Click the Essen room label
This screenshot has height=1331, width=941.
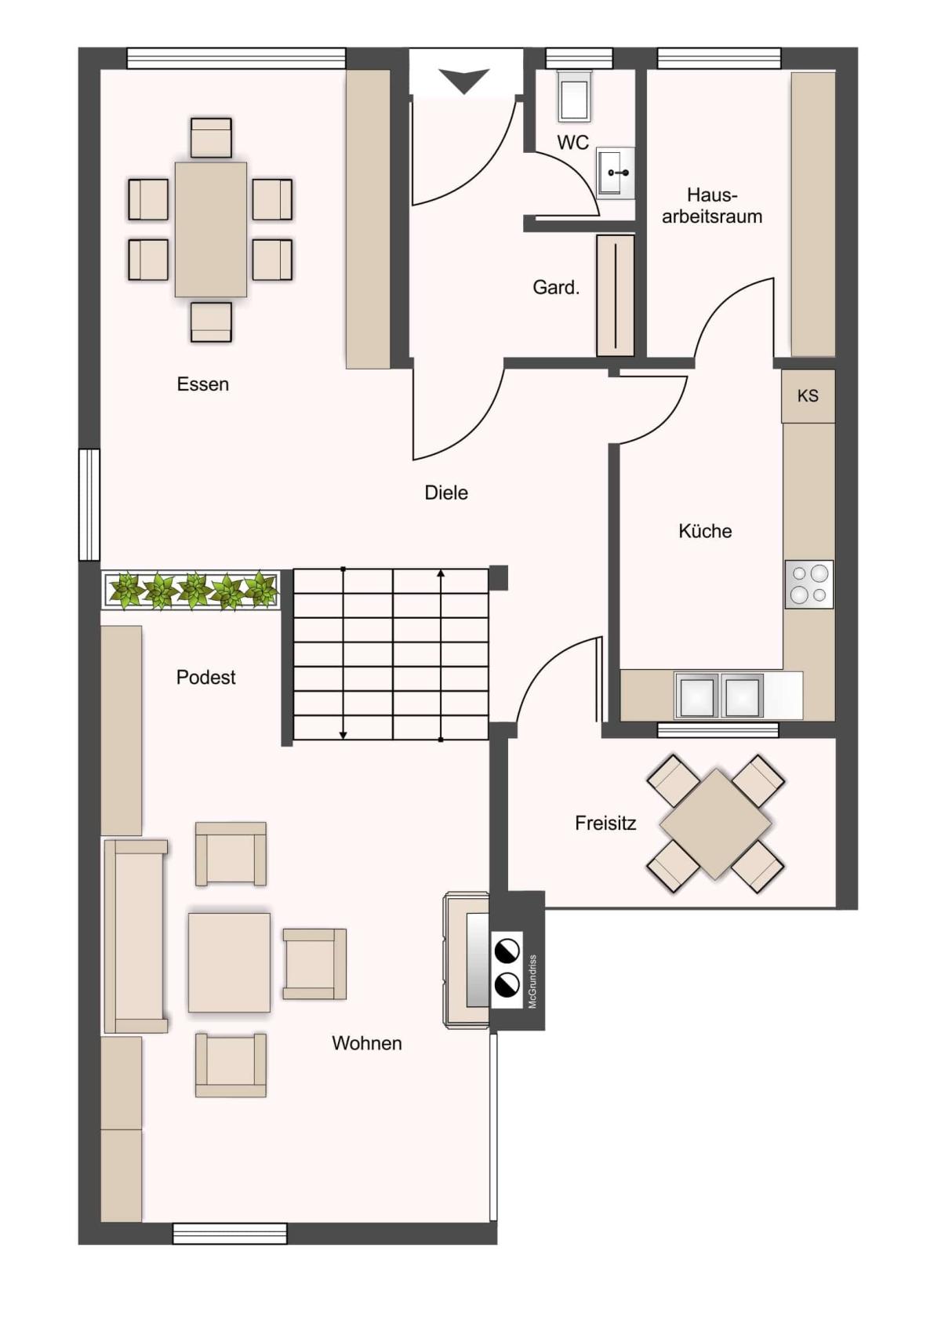click(202, 384)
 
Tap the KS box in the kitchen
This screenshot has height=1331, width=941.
click(808, 396)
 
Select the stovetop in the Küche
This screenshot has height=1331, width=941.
click(809, 584)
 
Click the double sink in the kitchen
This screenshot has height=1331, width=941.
click(718, 695)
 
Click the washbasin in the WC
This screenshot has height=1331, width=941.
click(616, 173)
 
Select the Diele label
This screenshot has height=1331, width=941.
click(446, 493)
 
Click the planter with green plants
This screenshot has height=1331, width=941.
click(191, 590)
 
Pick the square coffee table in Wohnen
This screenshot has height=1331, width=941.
click(229, 962)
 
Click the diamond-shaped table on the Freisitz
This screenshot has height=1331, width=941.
click(716, 824)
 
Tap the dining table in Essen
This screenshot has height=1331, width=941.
click(211, 229)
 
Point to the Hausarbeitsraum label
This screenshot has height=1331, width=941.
click(712, 205)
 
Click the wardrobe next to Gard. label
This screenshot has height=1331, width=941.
click(616, 296)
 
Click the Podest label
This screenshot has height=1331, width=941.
click(205, 677)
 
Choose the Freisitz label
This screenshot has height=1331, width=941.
click(605, 823)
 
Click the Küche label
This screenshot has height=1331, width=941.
click(705, 530)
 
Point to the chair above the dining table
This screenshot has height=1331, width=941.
click(211, 138)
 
